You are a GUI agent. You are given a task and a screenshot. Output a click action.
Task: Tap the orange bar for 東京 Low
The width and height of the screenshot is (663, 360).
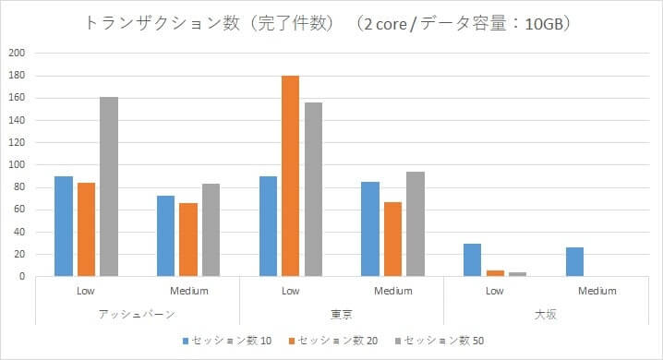[290, 176]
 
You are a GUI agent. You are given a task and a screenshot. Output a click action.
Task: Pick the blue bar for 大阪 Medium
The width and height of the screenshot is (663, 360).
[573, 262]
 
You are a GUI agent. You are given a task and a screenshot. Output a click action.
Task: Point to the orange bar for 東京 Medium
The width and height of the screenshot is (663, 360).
[392, 239]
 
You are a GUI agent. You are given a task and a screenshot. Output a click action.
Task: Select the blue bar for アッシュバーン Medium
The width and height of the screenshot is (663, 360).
[165, 236]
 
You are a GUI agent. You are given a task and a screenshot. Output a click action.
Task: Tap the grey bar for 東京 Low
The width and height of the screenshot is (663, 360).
[313, 189]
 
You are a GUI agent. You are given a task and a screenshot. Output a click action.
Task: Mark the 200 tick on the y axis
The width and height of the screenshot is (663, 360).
[17, 53]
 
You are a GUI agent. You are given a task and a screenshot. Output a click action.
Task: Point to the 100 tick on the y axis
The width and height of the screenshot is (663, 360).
[17, 165]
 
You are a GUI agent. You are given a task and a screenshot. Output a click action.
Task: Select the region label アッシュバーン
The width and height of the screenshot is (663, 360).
[138, 314]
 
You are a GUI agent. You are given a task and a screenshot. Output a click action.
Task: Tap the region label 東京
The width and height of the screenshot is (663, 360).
[342, 314]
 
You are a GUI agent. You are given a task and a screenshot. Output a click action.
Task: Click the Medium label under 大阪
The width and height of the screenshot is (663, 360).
[597, 291]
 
